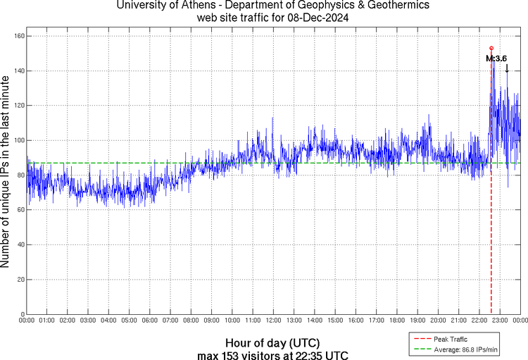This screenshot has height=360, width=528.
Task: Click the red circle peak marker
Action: (x=491, y=48)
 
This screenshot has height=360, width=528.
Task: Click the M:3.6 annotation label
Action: (x=496, y=58)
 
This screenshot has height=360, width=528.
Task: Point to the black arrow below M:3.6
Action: (x=506, y=68)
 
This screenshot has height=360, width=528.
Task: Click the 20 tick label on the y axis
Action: (x=20, y=280)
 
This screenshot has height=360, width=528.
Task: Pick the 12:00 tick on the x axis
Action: (x=273, y=321)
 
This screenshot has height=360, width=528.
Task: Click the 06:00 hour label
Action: (x=150, y=321)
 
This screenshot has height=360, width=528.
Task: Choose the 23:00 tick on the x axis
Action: (x=499, y=321)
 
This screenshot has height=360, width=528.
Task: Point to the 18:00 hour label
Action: (x=396, y=321)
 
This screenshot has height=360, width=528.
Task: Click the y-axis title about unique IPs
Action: (x=6, y=172)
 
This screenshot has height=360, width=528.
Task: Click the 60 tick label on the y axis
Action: (x=20, y=210)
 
